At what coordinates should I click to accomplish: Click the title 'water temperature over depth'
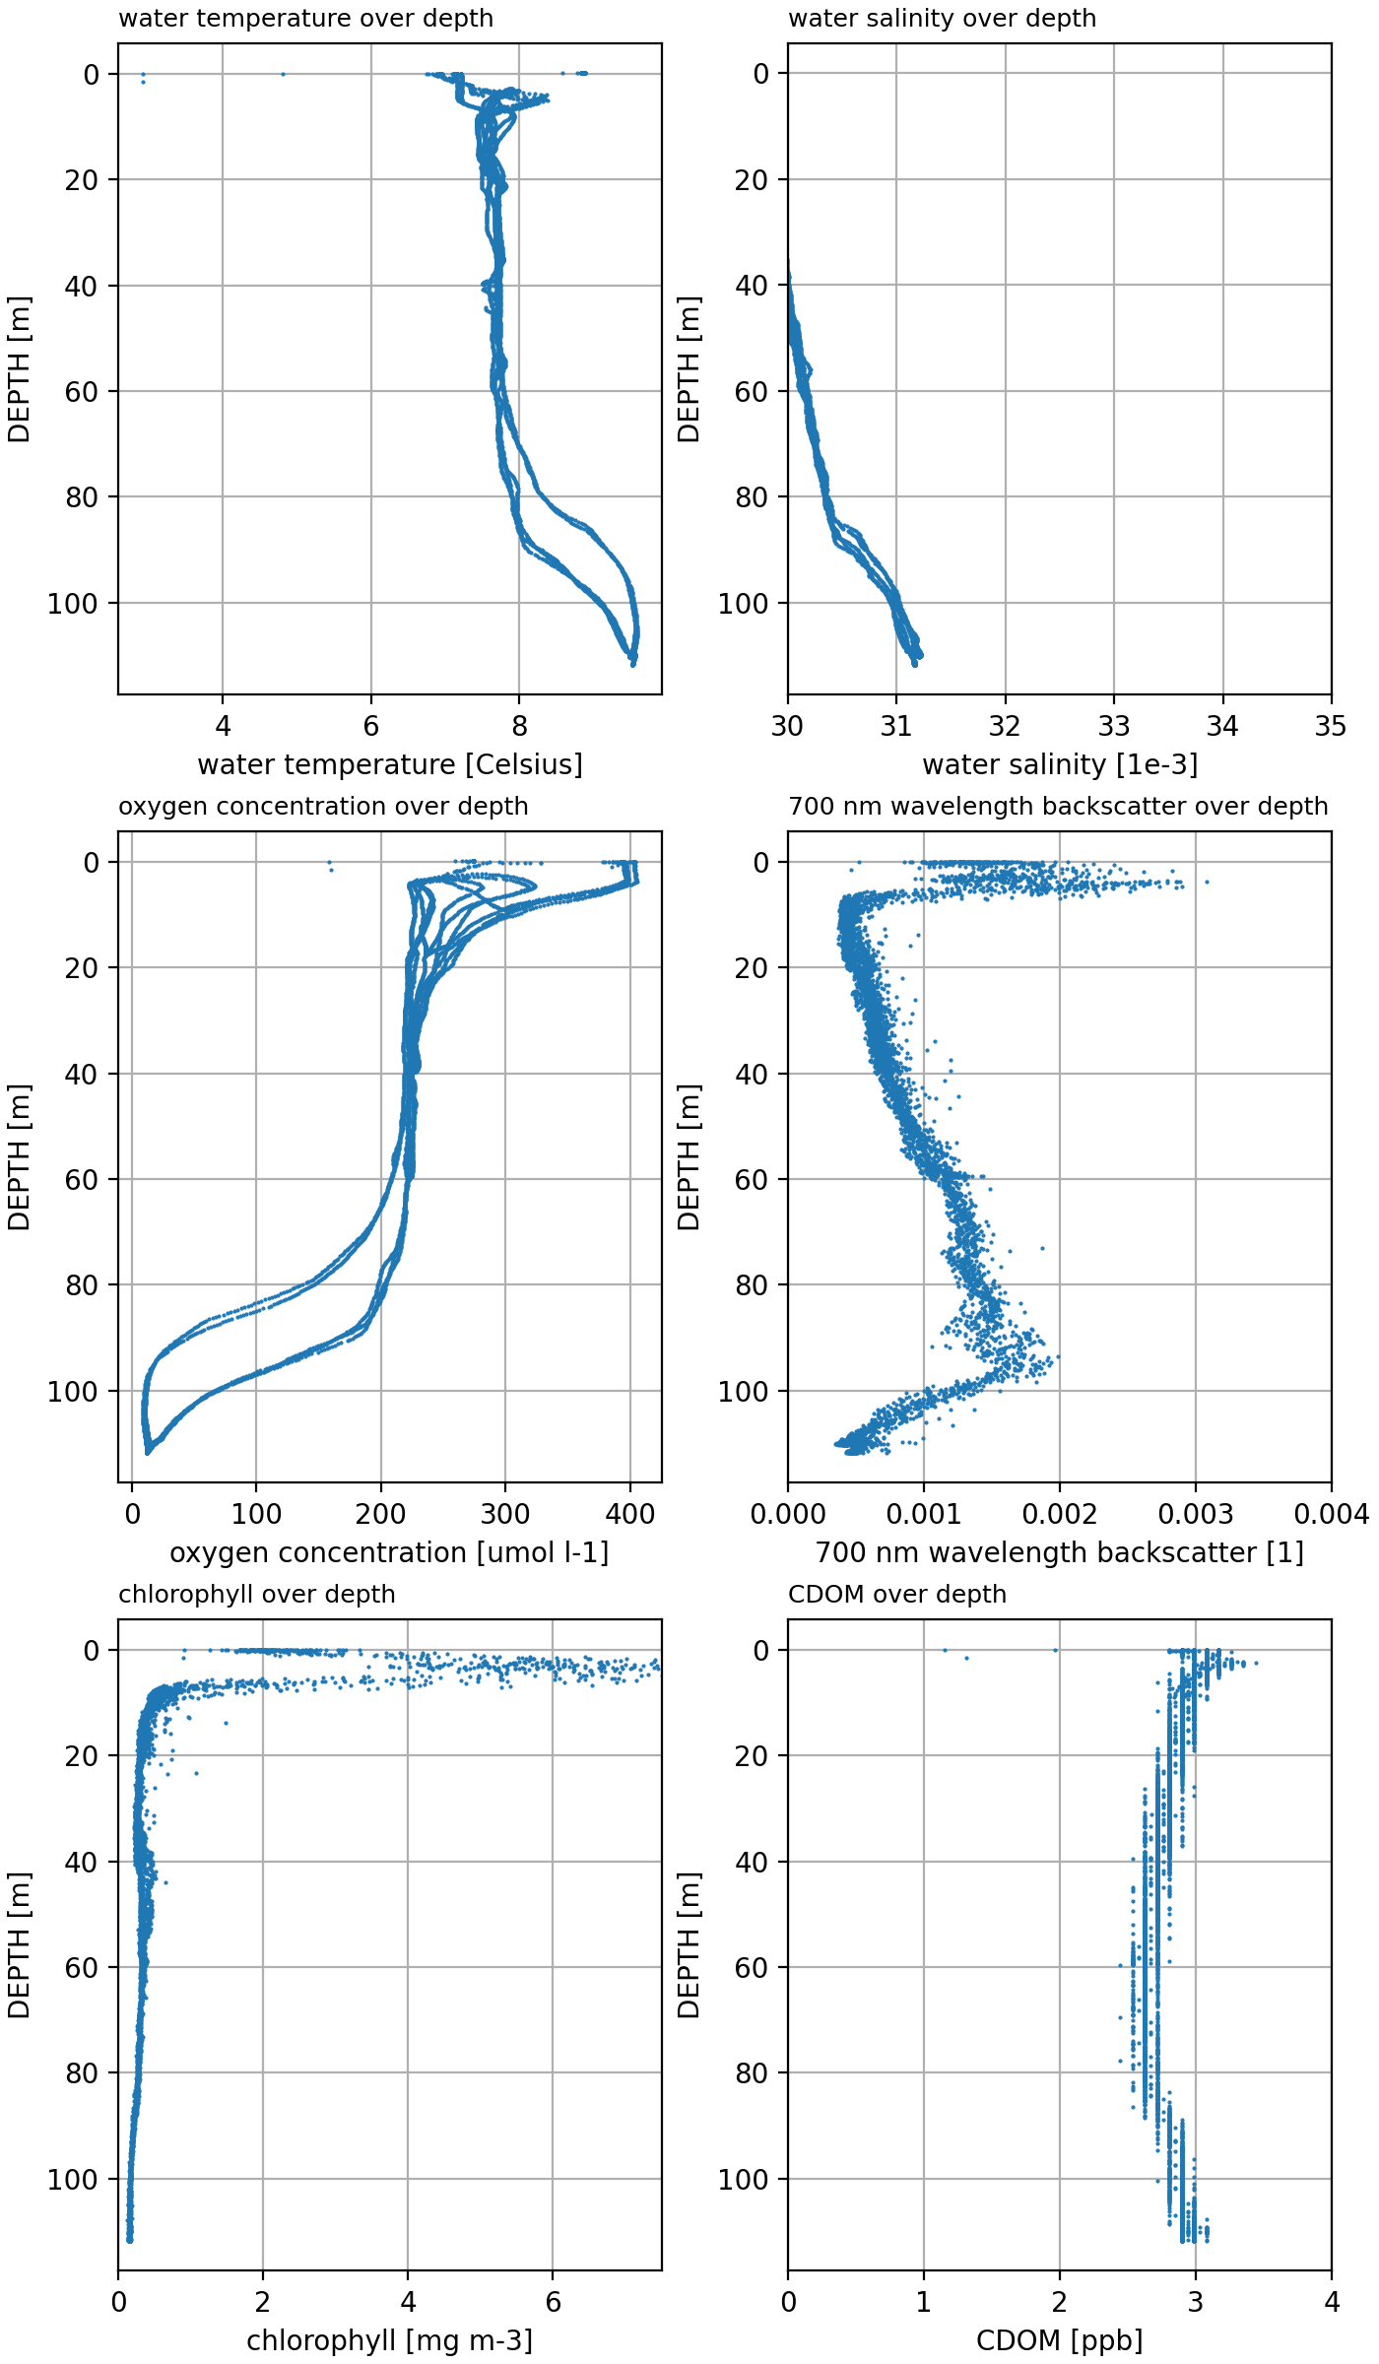tap(305, 19)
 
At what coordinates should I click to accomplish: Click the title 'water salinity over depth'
tap(942, 19)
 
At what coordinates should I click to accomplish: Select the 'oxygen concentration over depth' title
tap(323, 807)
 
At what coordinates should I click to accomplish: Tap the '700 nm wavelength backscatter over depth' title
tap(1058, 807)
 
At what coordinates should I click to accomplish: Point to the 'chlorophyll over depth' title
tap(256, 1595)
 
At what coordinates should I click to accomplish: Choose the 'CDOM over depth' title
tap(897, 1595)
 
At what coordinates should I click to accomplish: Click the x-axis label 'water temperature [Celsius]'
tap(390, 765)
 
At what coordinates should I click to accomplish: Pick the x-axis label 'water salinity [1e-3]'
tap(1060, 765)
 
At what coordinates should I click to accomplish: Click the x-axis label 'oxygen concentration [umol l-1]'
tap(390, 1553)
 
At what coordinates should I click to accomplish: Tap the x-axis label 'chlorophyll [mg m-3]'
tap(390, 2341)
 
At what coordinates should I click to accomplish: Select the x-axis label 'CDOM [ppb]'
tap(1060, 2341)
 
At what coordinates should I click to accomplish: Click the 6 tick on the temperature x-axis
tap(371, 727)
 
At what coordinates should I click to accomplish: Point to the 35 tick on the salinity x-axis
tap(1331, 727)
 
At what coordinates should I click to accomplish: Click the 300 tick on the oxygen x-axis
tap(505, 1515)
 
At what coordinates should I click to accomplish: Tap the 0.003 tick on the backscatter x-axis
tap(1196, 1515)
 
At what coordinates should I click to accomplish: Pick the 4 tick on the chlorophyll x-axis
tap(408, 2303)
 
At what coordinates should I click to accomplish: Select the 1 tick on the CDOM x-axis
tap(924, 2303)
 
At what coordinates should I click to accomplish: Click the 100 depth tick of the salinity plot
tap(743, 604)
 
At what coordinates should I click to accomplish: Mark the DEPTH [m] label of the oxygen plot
tap(20, 1157)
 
